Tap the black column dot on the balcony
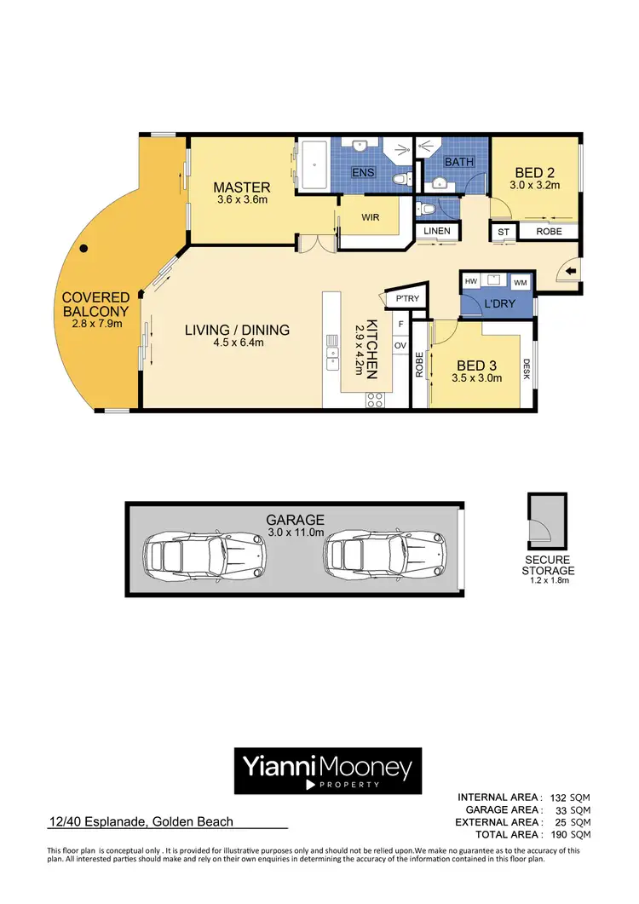[x=83, y=250]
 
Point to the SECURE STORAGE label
[x=548, y=565]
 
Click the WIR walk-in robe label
[x=370, y=218]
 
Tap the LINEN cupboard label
[x=438, y=231]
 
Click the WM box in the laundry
[x=520, y=282]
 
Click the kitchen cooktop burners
[x=375, y=400]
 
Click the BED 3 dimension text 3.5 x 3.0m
[x=477, y=377]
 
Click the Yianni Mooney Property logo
[x=327, y=769]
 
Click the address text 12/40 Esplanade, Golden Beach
[x=140, y=823]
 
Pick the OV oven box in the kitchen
[x=400, y=345]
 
